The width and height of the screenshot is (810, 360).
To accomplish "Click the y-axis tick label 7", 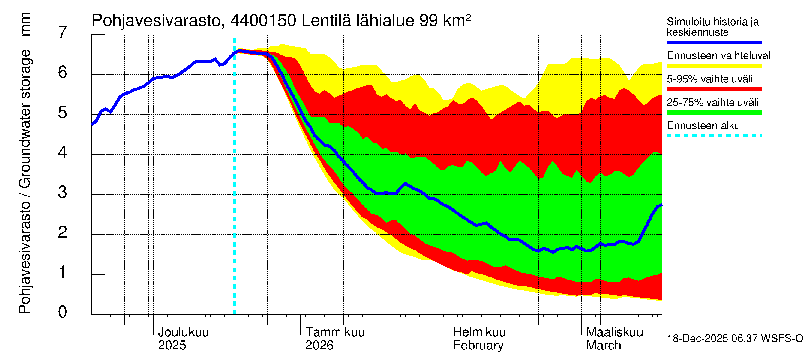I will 63,33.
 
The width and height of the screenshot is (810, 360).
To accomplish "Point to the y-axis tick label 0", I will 63,312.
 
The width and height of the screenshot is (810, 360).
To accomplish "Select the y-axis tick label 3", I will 63,192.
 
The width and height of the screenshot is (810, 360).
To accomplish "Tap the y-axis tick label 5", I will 63,112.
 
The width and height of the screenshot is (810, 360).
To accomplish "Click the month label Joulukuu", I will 183,332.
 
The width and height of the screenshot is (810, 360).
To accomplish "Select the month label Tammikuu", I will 334,332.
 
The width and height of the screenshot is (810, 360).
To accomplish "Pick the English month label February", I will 478,346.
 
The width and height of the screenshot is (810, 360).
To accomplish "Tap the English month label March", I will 603,346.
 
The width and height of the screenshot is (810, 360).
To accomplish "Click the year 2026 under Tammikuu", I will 319,346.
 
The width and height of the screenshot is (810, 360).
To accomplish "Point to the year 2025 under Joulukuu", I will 172,346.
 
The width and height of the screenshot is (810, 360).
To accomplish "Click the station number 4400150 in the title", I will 263,21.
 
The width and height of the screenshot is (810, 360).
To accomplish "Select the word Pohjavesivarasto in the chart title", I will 156,21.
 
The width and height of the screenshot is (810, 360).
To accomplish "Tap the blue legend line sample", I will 714,42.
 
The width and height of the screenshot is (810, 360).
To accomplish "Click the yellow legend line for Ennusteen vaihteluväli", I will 714,66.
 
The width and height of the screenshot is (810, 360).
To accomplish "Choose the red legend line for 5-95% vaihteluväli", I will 714,89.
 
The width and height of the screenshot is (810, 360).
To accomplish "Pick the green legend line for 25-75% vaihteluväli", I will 714,112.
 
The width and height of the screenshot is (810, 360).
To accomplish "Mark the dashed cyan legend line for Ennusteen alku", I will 714,136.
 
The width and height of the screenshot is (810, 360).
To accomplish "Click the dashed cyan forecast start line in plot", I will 234,189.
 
